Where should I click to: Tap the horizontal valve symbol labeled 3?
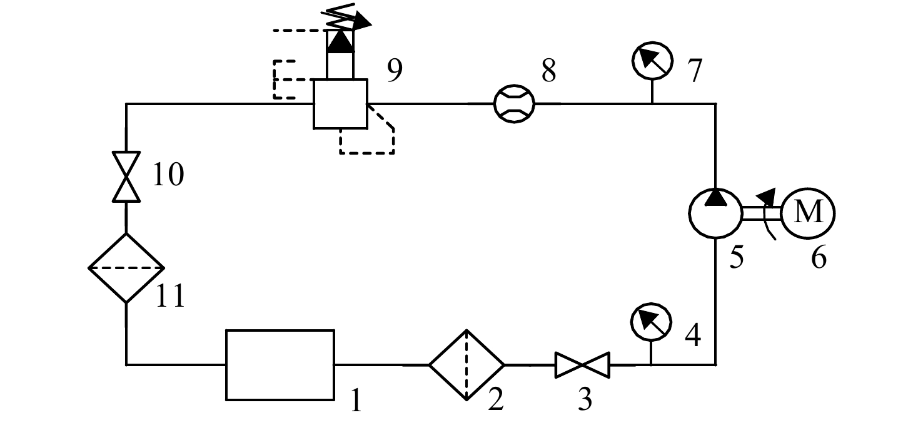pos(582,365)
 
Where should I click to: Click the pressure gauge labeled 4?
pos(651,322)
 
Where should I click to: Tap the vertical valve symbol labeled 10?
pos(126,177)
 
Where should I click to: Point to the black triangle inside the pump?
pos(716,197)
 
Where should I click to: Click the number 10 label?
pos(168,175)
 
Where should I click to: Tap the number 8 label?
pos(548,70)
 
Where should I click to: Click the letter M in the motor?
pos(809,212)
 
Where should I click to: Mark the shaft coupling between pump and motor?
pos(762,213)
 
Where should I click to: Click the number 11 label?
pos(170,296)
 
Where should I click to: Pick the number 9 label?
pos(395,70)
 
